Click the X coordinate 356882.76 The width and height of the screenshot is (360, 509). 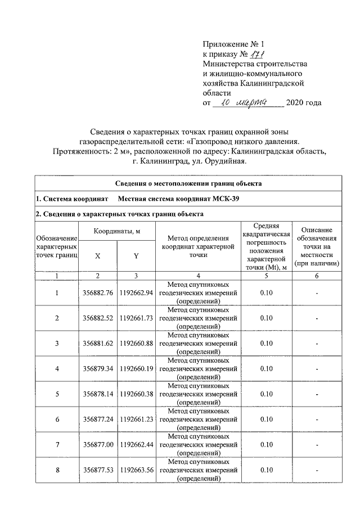98,293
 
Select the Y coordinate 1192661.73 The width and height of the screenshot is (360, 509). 136,318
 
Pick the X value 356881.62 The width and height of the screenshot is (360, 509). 98,343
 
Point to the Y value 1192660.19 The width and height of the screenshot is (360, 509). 136,368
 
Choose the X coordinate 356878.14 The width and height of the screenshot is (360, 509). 98,394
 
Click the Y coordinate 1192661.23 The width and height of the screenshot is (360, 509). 136,419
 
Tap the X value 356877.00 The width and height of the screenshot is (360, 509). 98,444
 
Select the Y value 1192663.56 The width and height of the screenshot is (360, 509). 136,470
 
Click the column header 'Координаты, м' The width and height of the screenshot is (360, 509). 117,231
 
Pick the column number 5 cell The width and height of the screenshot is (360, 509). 267,276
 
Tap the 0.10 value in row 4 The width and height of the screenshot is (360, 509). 267,368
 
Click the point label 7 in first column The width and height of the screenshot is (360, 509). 57,444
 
